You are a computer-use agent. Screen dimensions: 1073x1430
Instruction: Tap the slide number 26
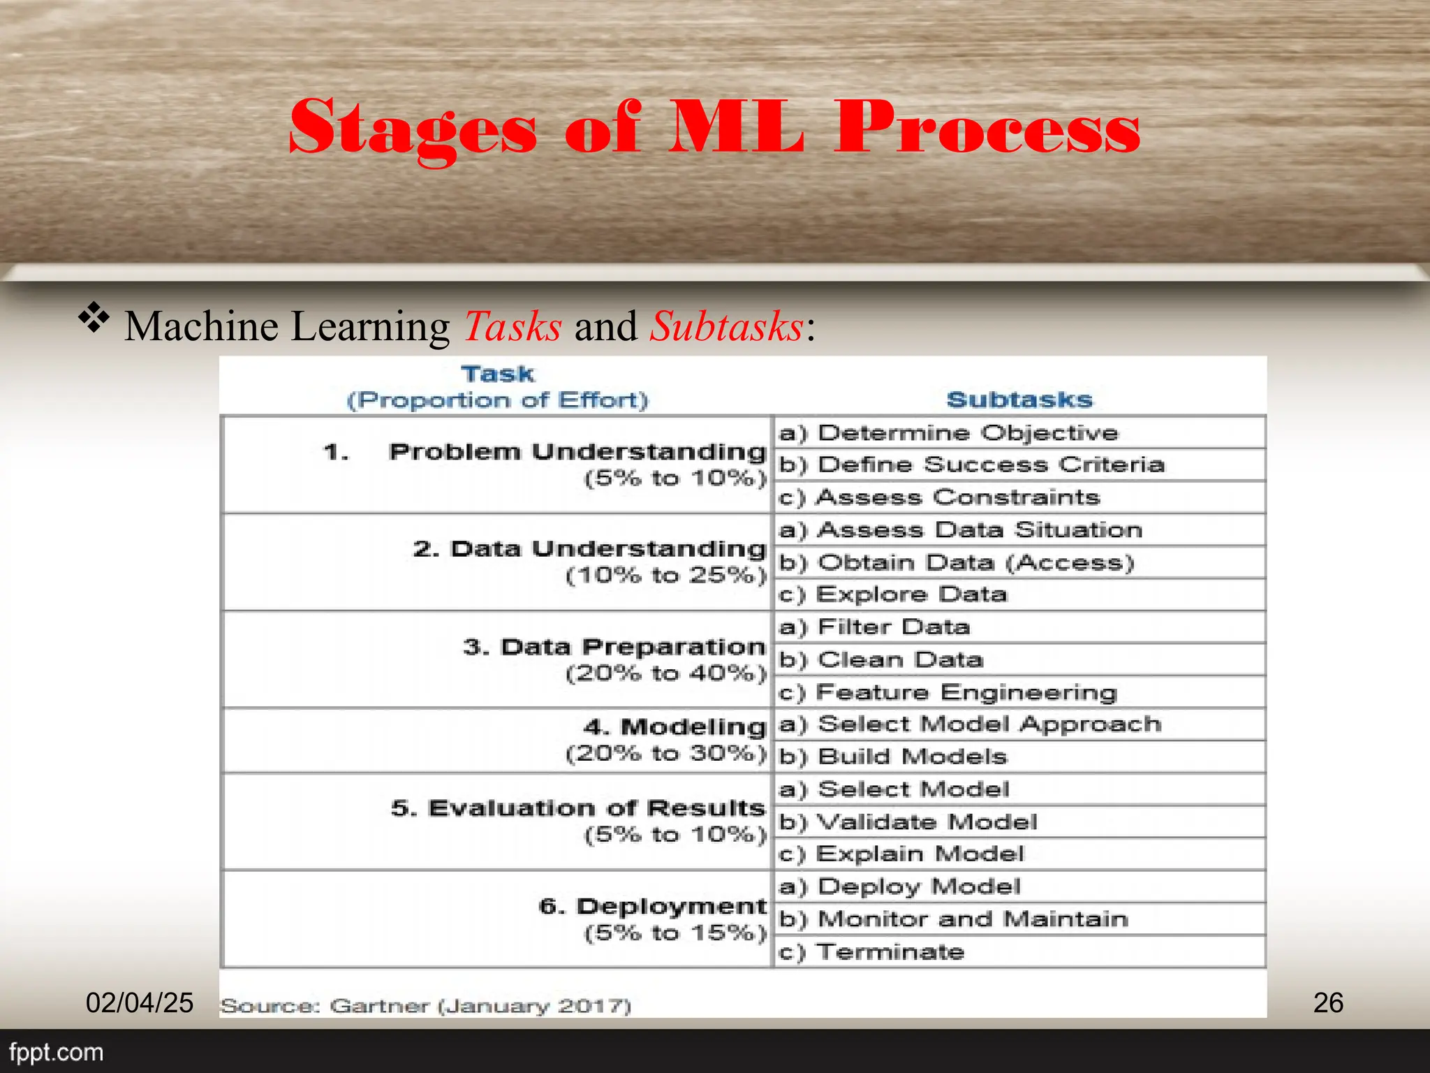tap(1328, 1002)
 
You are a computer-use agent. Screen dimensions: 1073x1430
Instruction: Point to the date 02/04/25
tap(140, 1002)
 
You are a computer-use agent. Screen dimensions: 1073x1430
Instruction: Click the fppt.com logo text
tap(56, 1052)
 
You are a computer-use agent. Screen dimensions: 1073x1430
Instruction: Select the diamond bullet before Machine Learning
tap(94, 319)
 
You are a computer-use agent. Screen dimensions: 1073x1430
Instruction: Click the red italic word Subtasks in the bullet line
tap(726, 326)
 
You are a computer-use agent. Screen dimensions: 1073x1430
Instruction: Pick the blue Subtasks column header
tap(1019, 400)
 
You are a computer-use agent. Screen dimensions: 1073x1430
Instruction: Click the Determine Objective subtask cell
tap(967, 433)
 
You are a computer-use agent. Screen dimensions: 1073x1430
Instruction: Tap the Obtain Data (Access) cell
tap(975, 562)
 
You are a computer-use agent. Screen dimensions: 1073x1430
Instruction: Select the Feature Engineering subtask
tap(966, 692)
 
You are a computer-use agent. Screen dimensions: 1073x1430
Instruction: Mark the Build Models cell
tap(912, 757)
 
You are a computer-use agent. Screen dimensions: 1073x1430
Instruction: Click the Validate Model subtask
tap(927, 822)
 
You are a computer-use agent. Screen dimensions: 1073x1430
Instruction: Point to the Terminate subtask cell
tap(890, 951)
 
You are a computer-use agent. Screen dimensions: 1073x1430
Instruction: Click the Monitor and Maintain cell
tap(973, 919)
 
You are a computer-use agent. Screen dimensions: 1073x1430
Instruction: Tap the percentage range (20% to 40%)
tap(666, 673)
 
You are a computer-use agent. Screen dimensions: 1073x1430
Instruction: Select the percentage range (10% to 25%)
tap(666, 576)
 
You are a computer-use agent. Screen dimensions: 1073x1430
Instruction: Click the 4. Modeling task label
tap(675, 727)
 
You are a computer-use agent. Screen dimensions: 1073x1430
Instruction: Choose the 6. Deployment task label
tap(653, 906)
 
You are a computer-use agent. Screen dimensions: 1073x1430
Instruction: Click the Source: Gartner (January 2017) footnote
tap(426, 1006)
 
